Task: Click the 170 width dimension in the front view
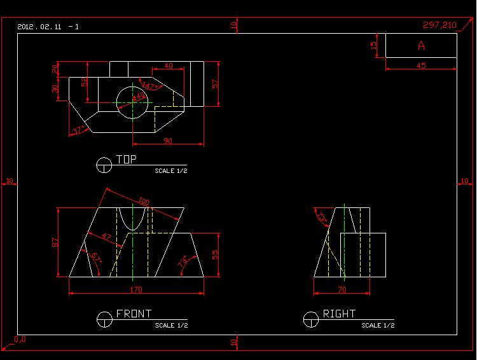coord(136,290)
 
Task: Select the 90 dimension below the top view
coord(168,141)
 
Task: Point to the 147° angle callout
coord(148,86)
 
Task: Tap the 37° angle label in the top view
coord(78,130)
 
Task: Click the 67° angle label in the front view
coord(96,258)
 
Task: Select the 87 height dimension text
coord(55,242)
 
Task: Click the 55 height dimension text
coord(215,254)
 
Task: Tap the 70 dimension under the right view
coord(341,290)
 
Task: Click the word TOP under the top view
coord(126,160)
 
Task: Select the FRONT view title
coord(134,314)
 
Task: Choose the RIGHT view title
coord(339,314)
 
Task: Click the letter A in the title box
coord(421,45)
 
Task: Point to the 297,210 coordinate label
coord(439,25)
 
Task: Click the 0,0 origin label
coord(20,339)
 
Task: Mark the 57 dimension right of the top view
coord(215,83)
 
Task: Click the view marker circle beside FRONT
coord(104,319)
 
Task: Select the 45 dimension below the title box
coord(421,66)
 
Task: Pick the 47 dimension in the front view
coord(106,238)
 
